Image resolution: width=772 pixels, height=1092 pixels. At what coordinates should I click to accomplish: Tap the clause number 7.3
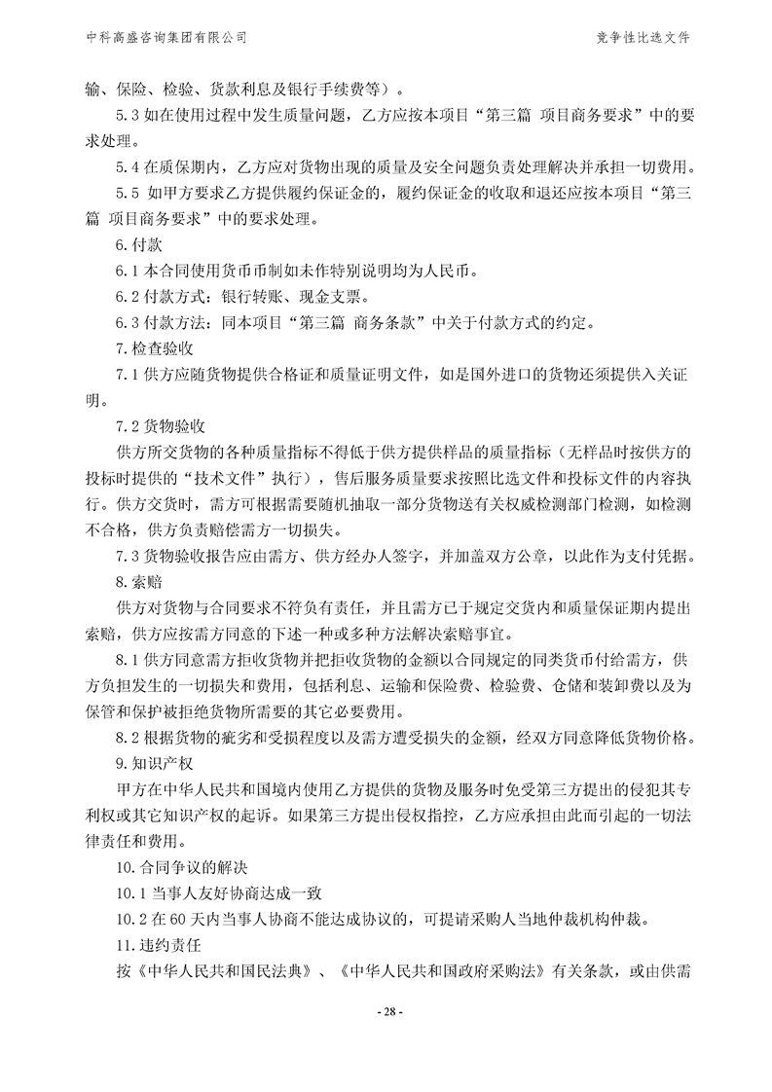pyautogui.click(x=128, y=556)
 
